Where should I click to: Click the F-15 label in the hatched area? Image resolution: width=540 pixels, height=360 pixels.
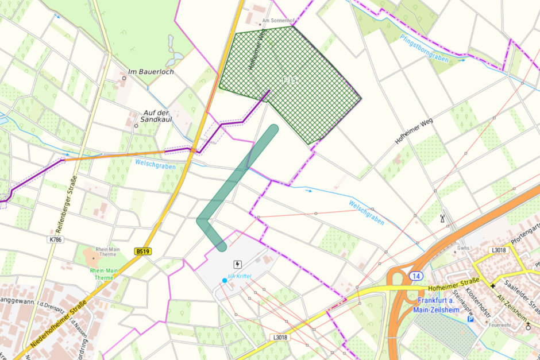[x=290, y=80]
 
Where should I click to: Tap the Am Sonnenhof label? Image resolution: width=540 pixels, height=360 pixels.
[x=278, y=21]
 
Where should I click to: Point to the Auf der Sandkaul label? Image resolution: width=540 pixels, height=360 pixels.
[x=155, y=117]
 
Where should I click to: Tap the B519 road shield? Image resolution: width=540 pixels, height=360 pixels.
[x=143, y=251]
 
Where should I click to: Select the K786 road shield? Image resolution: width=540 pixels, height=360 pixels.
[x=56, y=238]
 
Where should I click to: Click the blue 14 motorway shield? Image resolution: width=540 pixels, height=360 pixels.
[x=415, y=276]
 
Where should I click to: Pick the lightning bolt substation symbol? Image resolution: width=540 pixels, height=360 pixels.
[x=237, y=264]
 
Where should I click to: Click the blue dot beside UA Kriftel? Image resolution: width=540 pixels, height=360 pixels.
[x=224, y=280]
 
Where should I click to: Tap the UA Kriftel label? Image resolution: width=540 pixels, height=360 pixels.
[x=240, y=277]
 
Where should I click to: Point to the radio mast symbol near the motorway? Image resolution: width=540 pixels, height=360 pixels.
[x=442, y=219]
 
